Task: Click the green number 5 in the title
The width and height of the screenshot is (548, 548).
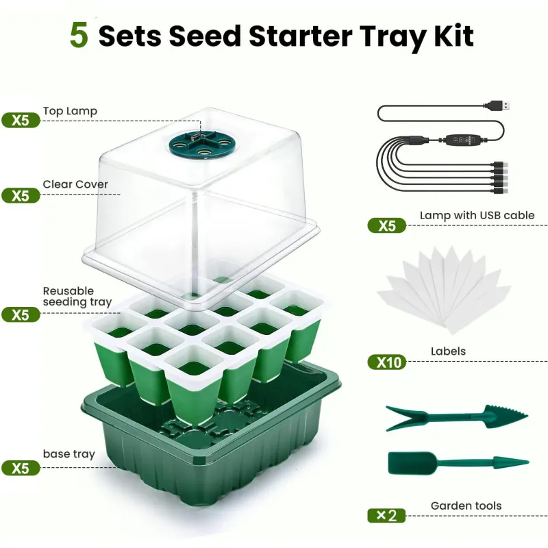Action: pos(79,35)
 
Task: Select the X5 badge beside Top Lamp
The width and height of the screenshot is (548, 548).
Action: pos(21,121)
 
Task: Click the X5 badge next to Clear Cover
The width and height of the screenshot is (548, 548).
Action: pos(21,195)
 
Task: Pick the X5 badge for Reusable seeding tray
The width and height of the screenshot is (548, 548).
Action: pos(21,314)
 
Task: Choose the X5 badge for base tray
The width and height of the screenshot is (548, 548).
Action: pos(21,468)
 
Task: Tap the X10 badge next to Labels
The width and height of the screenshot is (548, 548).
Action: pos(387,362)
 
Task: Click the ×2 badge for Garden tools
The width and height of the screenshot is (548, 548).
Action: pos(386,516)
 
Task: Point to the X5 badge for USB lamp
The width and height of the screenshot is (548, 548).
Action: pos(387,225)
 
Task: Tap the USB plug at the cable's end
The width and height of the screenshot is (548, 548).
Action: pos(497,105)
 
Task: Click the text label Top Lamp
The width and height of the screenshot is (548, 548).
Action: pos(70,111)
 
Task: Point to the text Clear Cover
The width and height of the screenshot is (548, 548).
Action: pos(75,184)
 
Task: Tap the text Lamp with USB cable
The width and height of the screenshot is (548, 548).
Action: pos(477,215)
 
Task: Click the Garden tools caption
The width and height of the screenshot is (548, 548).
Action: pos(466,506)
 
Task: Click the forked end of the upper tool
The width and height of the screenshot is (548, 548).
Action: pos(406,418)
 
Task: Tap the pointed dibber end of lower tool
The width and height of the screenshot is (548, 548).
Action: pos(511,462)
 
